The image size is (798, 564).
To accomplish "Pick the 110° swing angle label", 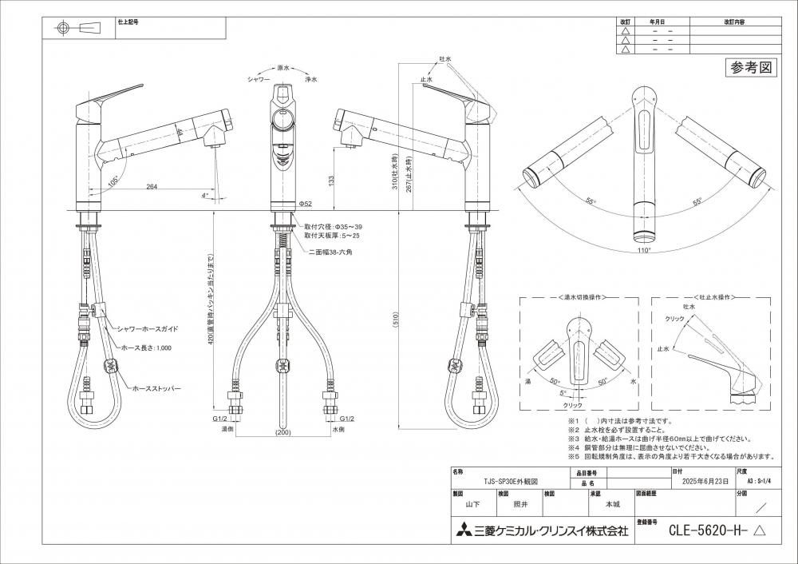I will click(x=644, y=250).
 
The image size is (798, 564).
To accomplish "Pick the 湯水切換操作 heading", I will click(x=579, y=296).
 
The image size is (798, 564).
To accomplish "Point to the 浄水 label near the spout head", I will click(x=311, y=80).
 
